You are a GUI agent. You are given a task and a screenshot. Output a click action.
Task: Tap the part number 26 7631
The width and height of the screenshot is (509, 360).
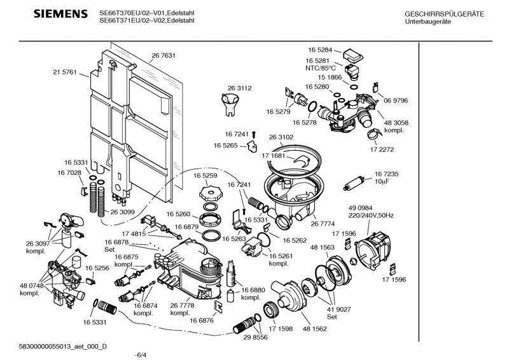tap(164, 56)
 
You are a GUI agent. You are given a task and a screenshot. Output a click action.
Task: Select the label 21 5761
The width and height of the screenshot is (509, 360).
tap(64, 73)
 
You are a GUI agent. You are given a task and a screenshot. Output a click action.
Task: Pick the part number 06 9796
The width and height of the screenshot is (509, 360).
tap(395, 100)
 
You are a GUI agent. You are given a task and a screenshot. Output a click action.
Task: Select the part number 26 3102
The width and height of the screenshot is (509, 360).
tap(281, 137)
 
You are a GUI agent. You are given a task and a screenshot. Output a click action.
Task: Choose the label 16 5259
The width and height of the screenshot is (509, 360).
tap(206, 175)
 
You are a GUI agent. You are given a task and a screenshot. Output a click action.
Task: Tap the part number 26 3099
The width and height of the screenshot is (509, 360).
tap(123, 212)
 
